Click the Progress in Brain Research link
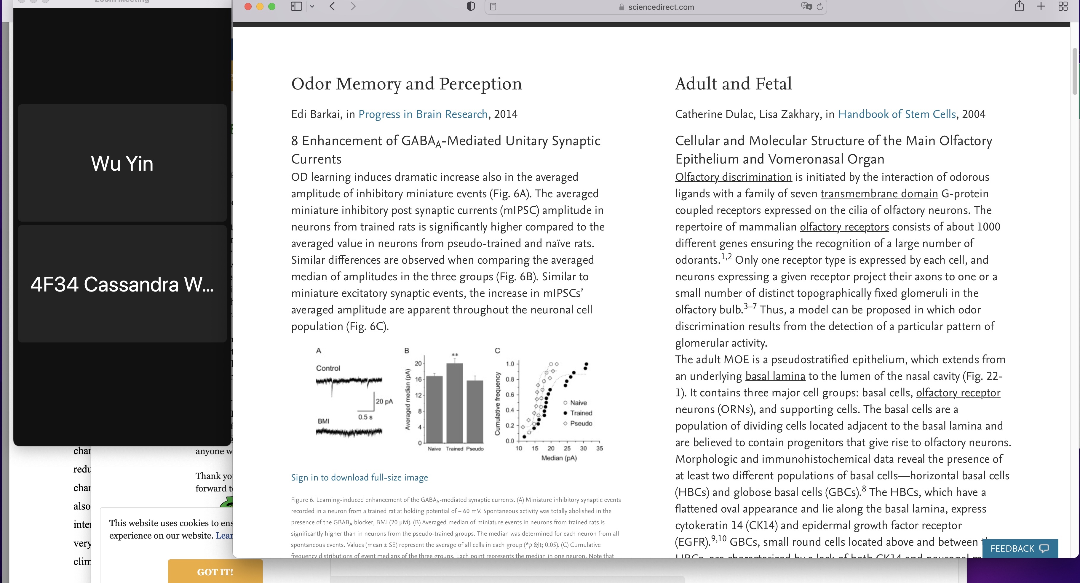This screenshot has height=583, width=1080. pos(423,114)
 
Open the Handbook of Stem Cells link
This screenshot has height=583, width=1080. pos(896,114)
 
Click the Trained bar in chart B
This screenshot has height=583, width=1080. pos(454,402)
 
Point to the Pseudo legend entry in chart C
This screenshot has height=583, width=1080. pos(581,424)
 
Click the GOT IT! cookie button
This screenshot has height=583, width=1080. pos(215,572)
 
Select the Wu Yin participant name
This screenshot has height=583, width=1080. pos(122,164)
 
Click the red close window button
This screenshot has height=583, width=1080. pos(248,7)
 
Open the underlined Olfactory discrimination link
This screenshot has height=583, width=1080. pos(733,177)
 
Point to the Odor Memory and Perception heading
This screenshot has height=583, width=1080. pos(406,84)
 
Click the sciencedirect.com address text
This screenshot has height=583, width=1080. pos(661,7)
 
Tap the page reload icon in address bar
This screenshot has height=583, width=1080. pos(820,7)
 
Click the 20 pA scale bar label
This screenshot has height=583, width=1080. pos(384,401)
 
